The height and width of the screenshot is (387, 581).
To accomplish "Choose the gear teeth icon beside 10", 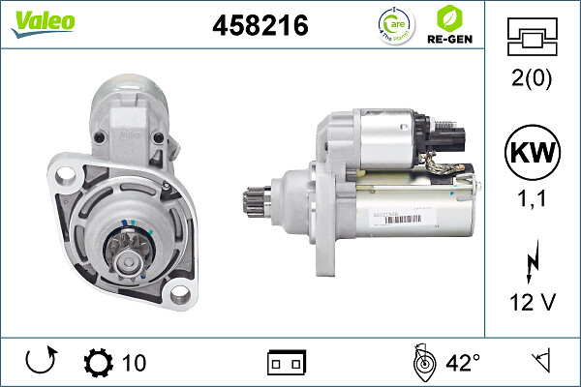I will point(98,363).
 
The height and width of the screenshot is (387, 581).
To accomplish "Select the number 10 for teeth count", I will point(135,363).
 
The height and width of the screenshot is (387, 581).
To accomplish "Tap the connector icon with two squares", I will point(287,363).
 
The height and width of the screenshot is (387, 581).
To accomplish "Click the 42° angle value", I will point(463,363).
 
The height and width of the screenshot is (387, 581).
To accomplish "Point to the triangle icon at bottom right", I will point(539,363).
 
